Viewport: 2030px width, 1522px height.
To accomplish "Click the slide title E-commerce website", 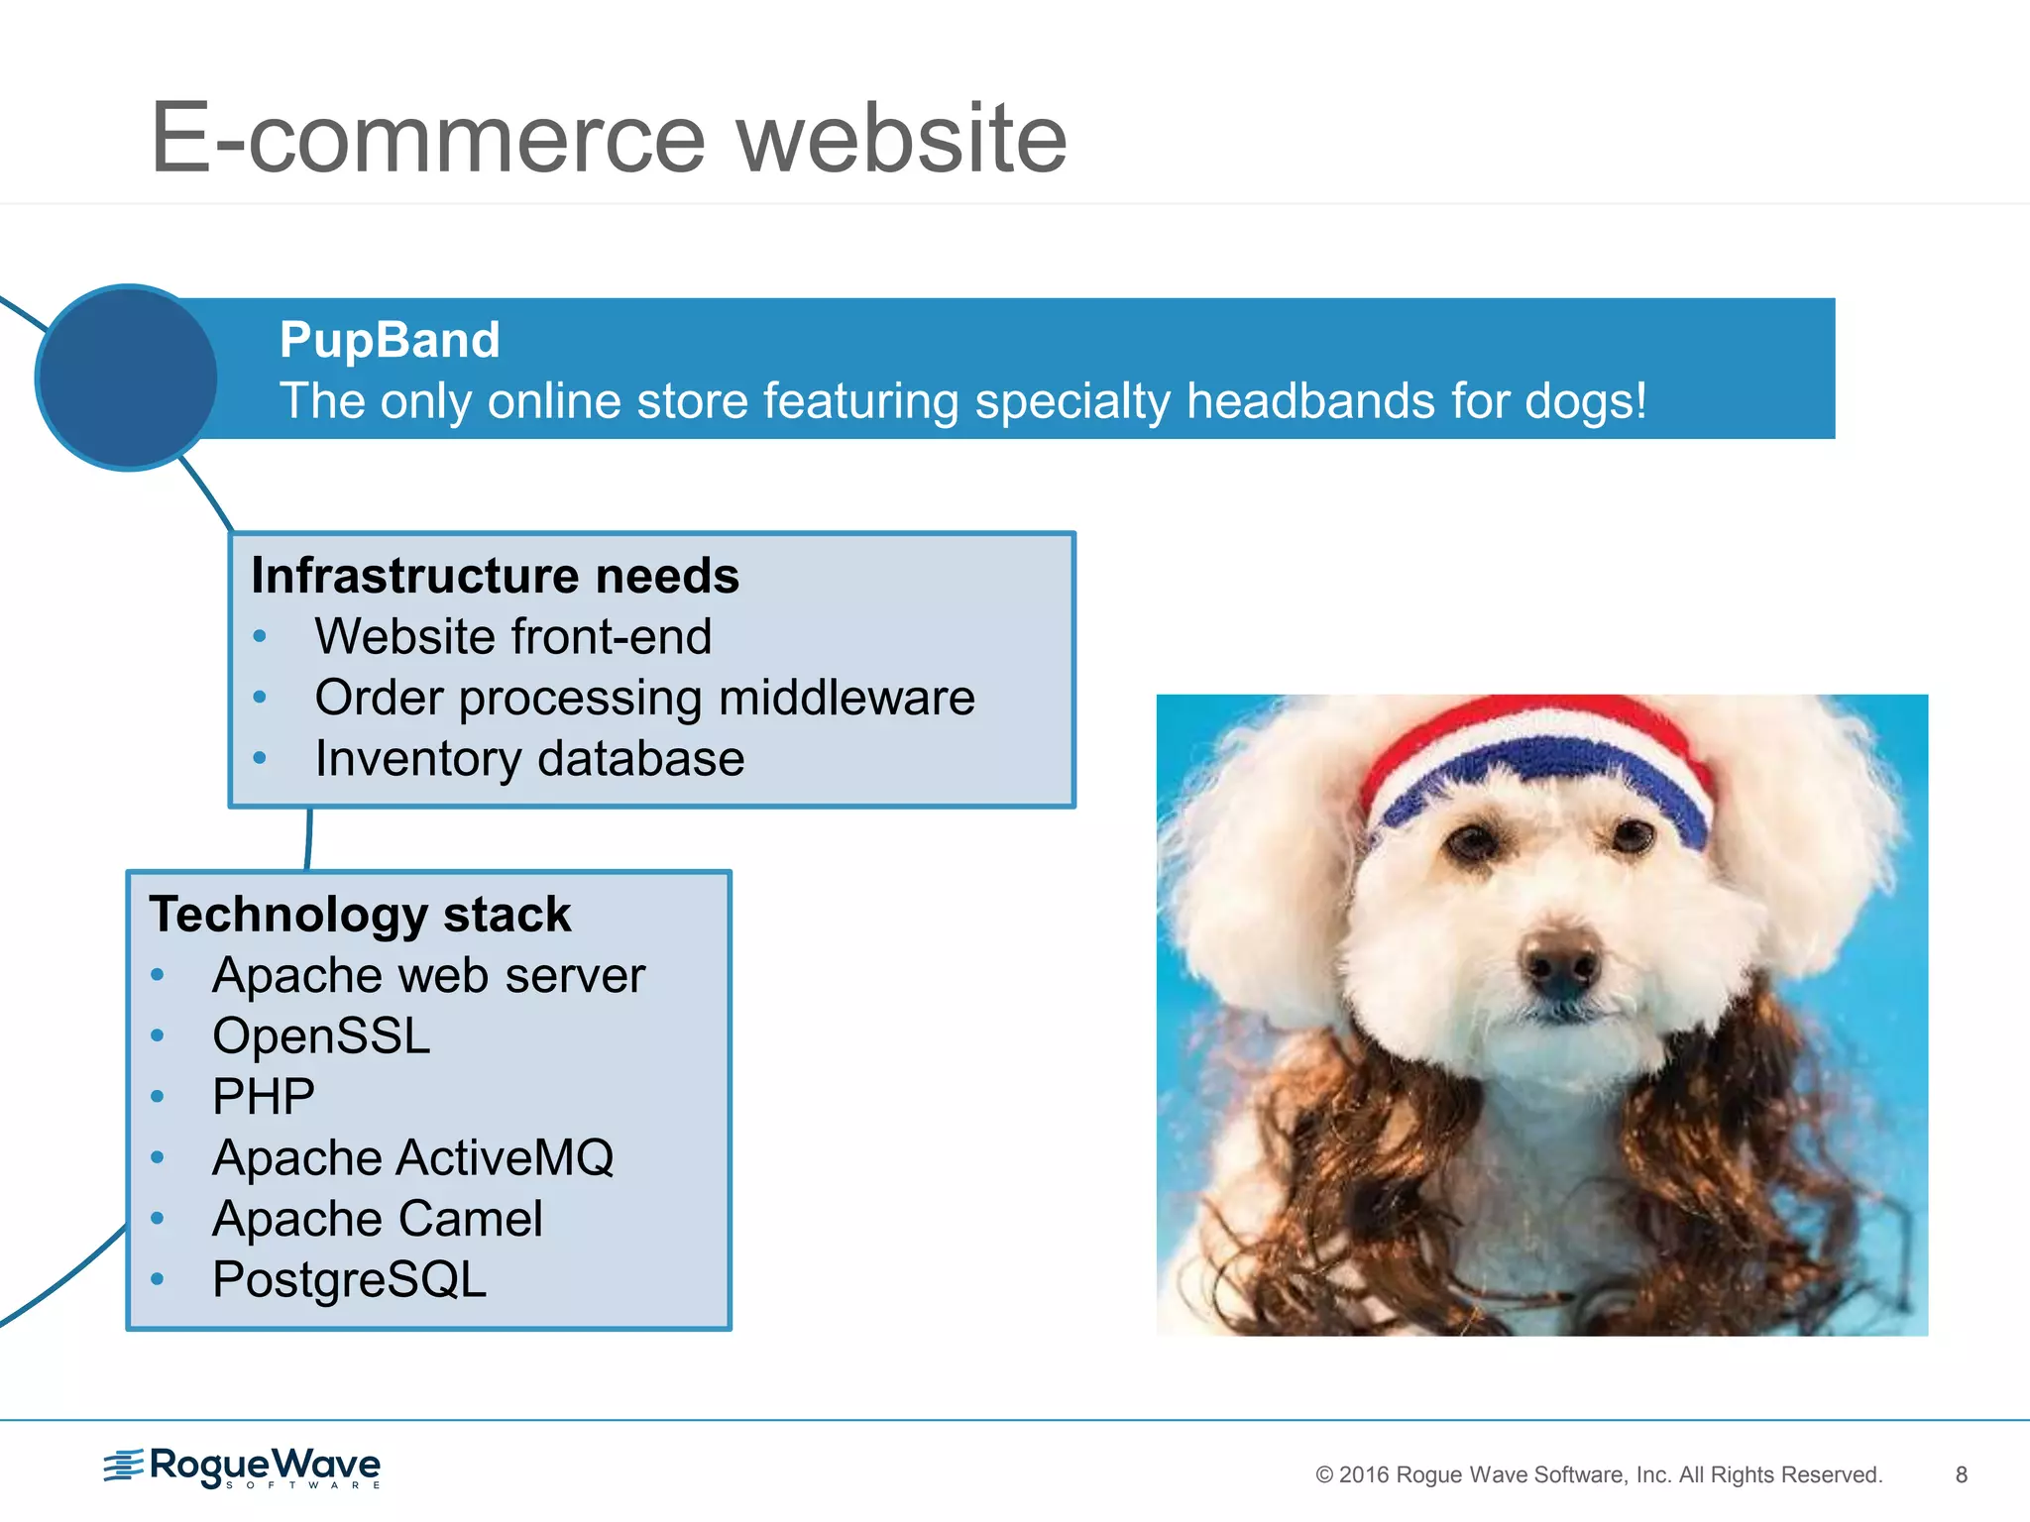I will (609, 139).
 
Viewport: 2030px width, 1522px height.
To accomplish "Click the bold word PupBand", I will (390, 340).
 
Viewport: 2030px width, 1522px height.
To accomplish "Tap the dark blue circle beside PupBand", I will (127, 378).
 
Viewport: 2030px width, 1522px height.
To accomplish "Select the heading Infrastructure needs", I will (495, 576).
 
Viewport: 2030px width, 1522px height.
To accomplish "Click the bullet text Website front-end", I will (512, 636).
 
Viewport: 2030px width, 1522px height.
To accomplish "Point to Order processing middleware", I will (644, 698).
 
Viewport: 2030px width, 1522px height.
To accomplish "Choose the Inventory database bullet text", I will (529, 759).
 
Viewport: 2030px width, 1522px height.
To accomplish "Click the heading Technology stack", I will (360, 914).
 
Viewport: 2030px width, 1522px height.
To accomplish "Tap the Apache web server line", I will (428, 975).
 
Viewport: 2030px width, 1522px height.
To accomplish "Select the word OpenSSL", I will (321, 1036).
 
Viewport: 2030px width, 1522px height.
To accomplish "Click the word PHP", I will (264, 1097).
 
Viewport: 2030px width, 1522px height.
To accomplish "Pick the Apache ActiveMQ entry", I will (412, 1157).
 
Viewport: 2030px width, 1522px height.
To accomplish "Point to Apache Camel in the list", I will (377, 1219).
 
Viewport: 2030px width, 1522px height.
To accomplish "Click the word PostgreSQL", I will (349, 1279).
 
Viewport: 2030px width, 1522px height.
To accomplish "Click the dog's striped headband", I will (1535, 763).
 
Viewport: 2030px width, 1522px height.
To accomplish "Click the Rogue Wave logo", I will (243, 1467).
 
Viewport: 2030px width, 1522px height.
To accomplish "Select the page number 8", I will (1961, 1474).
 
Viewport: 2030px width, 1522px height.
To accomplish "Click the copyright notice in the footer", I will (1598, 1474).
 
